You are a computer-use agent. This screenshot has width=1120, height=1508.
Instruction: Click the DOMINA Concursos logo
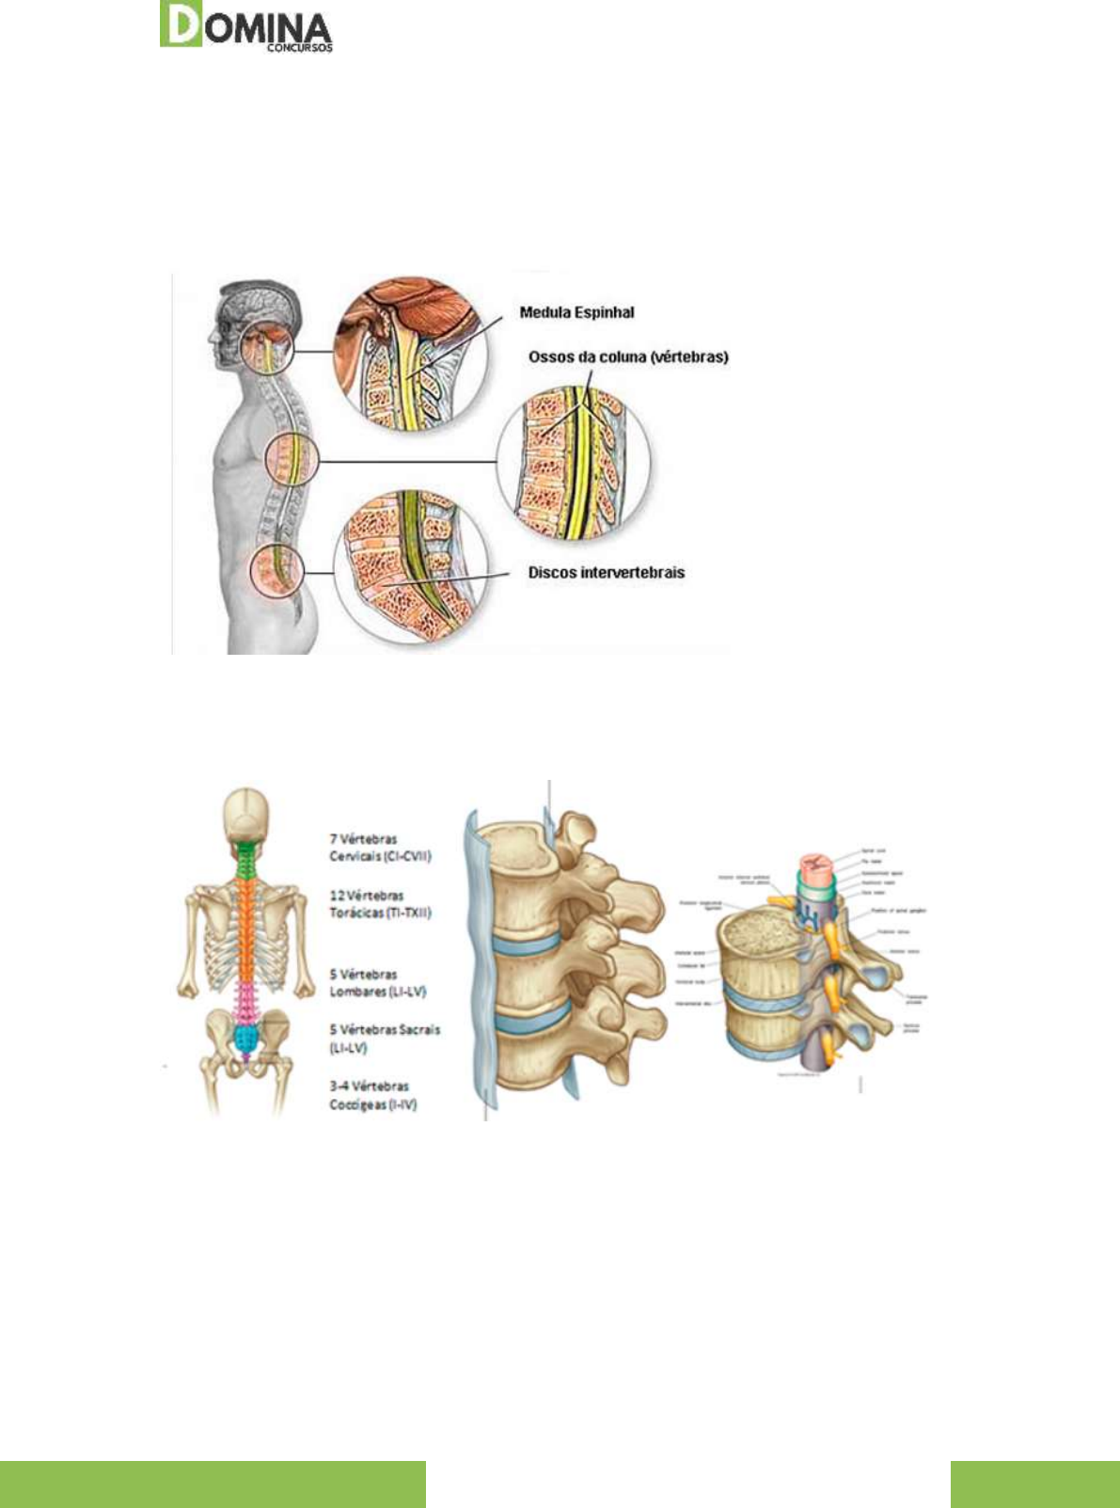[246, 26]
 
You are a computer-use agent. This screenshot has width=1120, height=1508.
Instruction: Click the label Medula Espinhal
[576, 312]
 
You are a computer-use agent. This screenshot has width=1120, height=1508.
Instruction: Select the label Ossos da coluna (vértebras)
[628, 357]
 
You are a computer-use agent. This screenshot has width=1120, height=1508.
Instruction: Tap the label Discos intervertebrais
[606, 572]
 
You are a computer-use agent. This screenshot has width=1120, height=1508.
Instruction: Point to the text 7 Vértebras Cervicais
[380, 848]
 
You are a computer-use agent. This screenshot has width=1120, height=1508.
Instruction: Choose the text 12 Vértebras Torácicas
[380, 904]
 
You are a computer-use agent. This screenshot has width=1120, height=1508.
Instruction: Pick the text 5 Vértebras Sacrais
[384, 1039]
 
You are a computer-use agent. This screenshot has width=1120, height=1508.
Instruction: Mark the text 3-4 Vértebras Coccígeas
[372, 1095]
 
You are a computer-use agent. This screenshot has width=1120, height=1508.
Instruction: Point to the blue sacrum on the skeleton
[246, 1038]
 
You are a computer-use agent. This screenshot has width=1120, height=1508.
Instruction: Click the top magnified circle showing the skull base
[410, 353]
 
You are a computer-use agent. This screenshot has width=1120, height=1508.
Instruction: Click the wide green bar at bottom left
[213, 1484]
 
